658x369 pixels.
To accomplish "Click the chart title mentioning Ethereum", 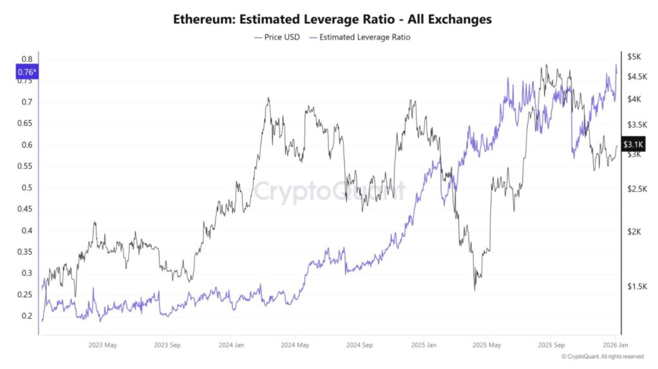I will pos(332,19).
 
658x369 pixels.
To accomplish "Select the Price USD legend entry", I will pos(277,37).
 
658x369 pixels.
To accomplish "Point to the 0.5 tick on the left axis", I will pos(26,187).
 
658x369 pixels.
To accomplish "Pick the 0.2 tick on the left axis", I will pos(26,316).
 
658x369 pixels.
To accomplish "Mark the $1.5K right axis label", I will pos(636,286).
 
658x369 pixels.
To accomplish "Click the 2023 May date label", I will pos(103,345).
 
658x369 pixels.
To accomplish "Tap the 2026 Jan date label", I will pos(613,345).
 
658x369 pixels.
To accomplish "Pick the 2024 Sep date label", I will pos(359,345).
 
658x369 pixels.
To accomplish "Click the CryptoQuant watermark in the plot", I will pos(328,191).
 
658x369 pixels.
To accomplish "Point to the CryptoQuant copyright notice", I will pos(602,356).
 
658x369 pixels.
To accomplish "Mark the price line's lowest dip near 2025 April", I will pos(475,289).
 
